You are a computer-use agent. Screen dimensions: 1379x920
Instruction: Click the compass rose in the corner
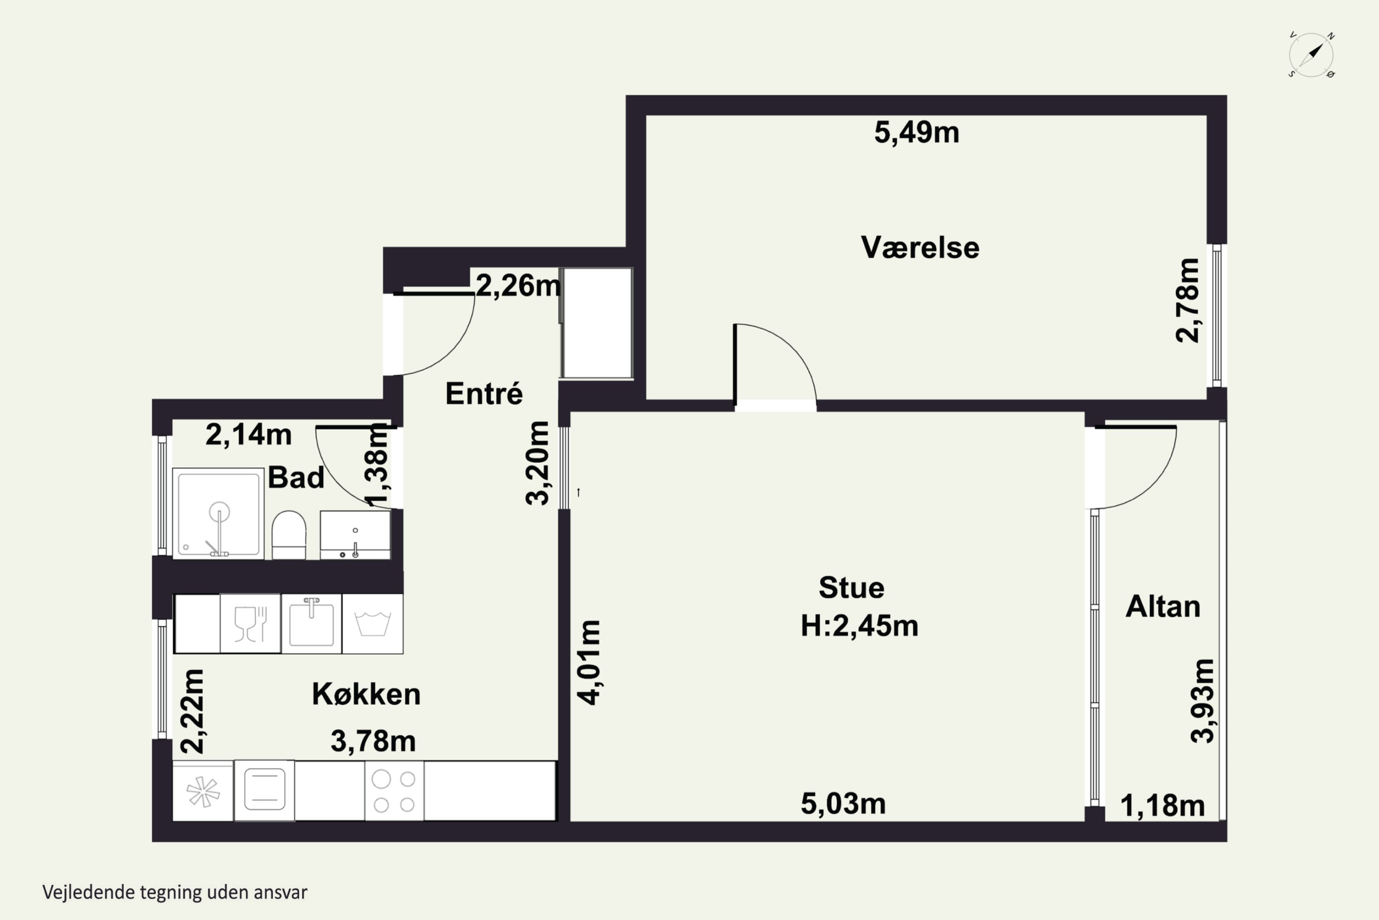pos(1311,55)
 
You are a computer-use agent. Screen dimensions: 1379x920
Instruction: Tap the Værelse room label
pos(920,247)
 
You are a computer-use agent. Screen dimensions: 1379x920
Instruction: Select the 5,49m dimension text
pos(917,132)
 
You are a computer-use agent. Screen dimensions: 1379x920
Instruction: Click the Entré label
pos(484,393)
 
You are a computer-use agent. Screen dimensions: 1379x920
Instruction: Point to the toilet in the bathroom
pos(289,535)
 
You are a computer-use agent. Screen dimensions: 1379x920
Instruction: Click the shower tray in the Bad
pos(218,513)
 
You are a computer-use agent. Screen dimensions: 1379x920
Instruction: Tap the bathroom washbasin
pos(355,535)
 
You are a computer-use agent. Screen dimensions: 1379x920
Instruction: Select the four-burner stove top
pos(394,791)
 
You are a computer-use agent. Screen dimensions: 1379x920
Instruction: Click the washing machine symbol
pos(372,624)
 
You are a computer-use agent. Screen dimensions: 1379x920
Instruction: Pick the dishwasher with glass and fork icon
pos(251,623)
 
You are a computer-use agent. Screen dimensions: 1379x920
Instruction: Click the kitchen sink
pos(311,623)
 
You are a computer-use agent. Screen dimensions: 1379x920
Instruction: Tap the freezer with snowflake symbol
pos(203,791)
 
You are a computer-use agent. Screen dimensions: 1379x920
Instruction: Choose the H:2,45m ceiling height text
pos(859,626)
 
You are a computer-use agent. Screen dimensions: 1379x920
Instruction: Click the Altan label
pos(1162,607)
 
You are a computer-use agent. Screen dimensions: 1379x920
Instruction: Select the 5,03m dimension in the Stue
pos(843,804)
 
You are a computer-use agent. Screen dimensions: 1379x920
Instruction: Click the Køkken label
pos(366,694)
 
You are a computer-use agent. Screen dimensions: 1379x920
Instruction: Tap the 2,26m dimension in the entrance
pos(518,286)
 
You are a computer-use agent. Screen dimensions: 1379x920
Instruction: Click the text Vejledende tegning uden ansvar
pos(175,892)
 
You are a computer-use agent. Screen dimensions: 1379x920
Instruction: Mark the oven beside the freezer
pos(264,791)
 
